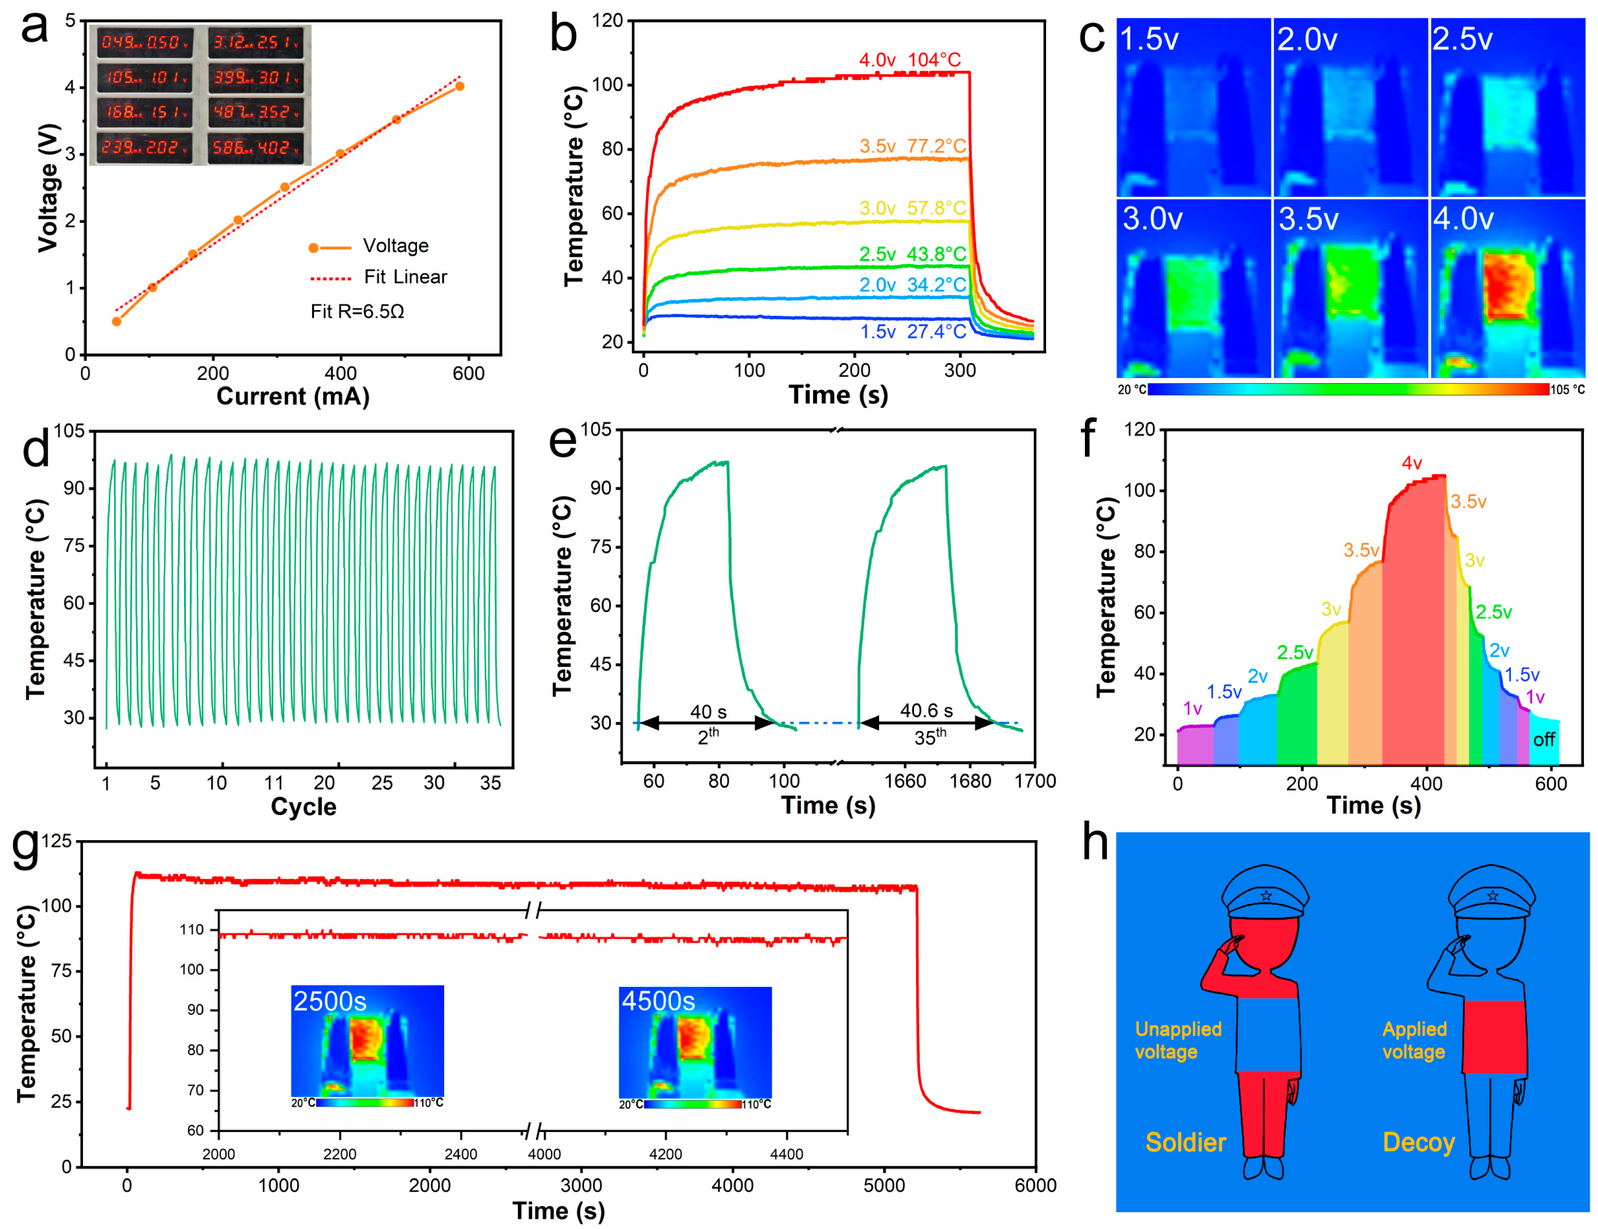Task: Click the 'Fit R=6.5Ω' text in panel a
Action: pyautogui.click(x=357, y=312)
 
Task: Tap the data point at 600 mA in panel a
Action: pyautogui.click(x=460, y=86)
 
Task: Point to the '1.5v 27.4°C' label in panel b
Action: pyautogui.click(x=913, y=332)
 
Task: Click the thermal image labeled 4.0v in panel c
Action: pyautogui.click(x=1507, y=289)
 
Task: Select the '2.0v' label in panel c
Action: pyautogui.click(x=1307, y=39)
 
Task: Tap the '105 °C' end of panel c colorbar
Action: pyautogui.click(x=1567, y=390)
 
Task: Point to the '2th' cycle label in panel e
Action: pyautogui.click(x=708, y=736)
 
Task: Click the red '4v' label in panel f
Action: pyautogui.click(x=1412, y=463)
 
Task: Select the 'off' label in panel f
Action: pyautogui.click(x=1543, y=740)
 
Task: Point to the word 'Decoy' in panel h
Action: pyautogui.click(x=1418, y=1143)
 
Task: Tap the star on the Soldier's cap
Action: pyautogui.click(x=1266, y=896)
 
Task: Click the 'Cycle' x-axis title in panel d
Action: pyautogui.click(x=304, y=807)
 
